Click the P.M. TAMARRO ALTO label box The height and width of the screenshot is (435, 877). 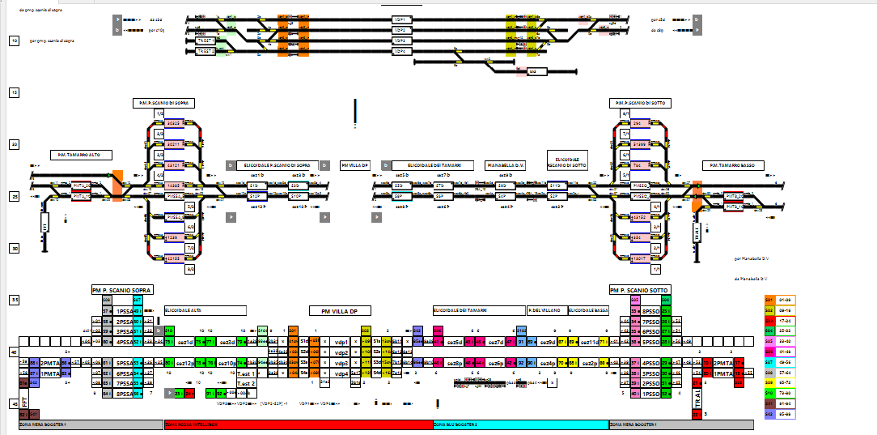tap(80, 154)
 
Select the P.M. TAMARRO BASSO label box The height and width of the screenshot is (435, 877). tap(732, 165)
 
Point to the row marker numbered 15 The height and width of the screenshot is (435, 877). tap(14, 93)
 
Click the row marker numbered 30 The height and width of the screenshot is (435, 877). tap(14, 249)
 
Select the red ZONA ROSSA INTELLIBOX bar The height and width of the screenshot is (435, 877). tap(298, 424)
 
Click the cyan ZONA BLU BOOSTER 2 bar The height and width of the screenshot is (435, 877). tap(520, 424)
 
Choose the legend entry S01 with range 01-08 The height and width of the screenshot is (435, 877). tap(778, 300)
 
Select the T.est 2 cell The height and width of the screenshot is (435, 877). tap(246, 383)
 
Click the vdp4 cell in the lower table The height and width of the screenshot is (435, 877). tap(341, 373)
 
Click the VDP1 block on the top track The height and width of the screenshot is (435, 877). tap(399, 19)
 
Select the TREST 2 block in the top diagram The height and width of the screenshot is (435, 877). tap(206, 51)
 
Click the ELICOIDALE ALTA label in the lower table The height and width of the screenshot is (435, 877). tap(204, 309)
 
